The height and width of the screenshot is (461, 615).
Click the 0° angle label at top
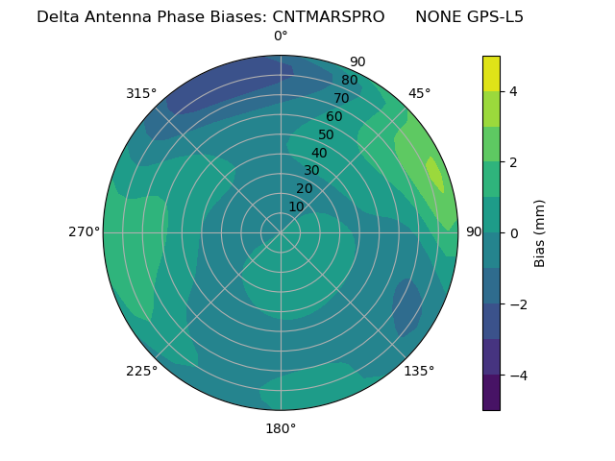(281, 36)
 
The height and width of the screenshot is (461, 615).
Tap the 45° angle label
(419, 93)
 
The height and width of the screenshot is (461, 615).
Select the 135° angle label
(419, 371)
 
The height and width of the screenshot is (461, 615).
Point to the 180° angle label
(281, 428)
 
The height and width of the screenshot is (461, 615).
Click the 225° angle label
(141, 371)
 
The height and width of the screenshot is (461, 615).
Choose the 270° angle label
(84, 232)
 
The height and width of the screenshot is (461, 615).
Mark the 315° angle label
(141, 93)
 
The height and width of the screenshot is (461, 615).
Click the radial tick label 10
(297, 206)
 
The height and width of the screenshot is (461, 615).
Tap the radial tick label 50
(326, 135)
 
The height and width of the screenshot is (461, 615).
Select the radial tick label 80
(349, 81)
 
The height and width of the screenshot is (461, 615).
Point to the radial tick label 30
(311, 171)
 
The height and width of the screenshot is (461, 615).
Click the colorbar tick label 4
(513, 92)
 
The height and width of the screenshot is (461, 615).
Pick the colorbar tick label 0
(513, 233)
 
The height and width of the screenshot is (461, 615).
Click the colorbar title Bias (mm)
(540, 232)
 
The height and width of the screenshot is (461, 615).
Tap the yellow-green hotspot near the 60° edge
(434, 176)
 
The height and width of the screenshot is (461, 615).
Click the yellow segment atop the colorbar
(491, 73)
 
